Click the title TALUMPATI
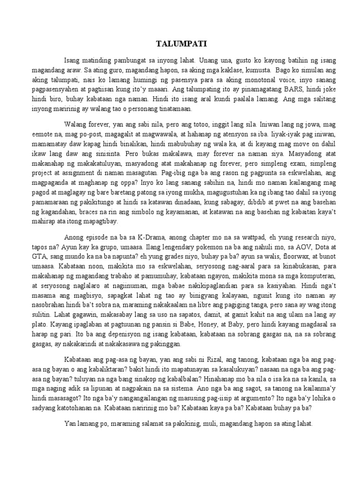[x=181, y=44]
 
